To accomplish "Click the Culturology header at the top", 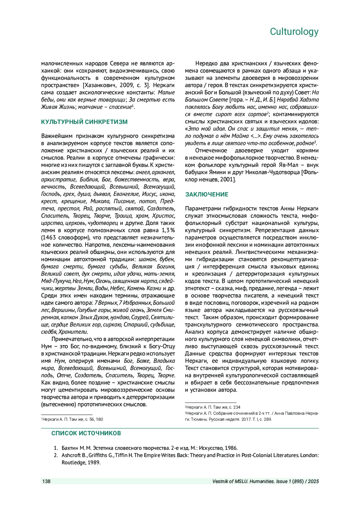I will pyautogui.click(x=294, y=31).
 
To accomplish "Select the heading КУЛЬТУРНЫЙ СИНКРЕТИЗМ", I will pyautogui.click(x=84, y=122).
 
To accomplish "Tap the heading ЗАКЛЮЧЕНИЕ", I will pyautogui.click(x=207, y=194).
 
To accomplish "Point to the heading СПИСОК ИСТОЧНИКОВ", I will pyautogui.click(x=86, y=433).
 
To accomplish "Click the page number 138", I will pyautogui.click(x=46, y=481).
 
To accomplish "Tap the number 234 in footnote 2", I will pyautogui.click(x=237, y=407).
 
